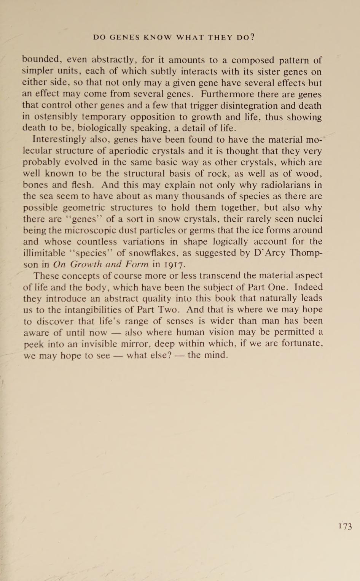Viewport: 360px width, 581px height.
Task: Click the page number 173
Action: click(345, 526)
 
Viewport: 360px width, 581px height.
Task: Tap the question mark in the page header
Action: click(252, 37)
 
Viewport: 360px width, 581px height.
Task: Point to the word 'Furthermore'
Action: click(227, 94)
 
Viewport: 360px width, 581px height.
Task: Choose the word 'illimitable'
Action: click(44, 253)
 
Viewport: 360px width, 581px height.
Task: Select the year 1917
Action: click(174, 264)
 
